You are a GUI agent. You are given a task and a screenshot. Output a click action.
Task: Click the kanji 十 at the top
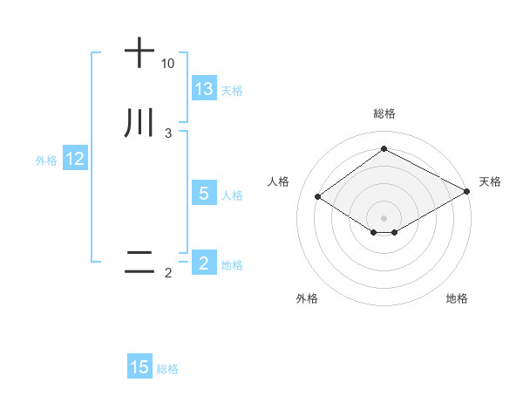coord(139,52)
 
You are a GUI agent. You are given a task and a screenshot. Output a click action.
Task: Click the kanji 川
coord(139,123)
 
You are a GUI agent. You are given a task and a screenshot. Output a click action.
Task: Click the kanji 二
coord(139,262)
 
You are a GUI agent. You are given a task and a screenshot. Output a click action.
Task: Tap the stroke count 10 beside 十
coord(167,64)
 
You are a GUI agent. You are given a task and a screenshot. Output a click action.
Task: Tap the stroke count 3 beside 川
coord(167,133)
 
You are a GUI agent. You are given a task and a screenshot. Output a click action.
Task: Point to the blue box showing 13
coord(204,89)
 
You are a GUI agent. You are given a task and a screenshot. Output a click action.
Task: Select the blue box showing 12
coord(75,160)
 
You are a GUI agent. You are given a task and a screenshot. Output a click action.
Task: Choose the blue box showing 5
coord(204,194)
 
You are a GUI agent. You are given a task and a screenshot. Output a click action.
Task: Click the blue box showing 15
coord(139,368)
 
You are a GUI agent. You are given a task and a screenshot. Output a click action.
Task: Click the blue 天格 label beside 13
coord(232,91)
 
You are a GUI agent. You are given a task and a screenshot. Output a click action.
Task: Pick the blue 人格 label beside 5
coord(232,195)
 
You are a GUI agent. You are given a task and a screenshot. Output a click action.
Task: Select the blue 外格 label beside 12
coord(46,161)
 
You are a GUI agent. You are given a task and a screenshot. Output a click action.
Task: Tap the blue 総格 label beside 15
coord(167,370)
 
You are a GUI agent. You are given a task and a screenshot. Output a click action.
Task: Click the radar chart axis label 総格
coord(384,114)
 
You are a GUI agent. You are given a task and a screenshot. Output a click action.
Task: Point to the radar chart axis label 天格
coord(490,181)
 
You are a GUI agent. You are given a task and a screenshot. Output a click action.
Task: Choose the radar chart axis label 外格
coord(307,298)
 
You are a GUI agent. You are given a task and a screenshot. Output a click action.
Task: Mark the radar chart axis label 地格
coord(457,298)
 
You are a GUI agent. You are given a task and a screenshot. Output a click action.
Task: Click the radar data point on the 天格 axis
coord(468,192)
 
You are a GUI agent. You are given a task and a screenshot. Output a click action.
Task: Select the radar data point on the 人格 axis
coord(318,196)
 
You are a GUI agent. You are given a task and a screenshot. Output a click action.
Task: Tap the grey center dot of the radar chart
coord(384,218)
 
